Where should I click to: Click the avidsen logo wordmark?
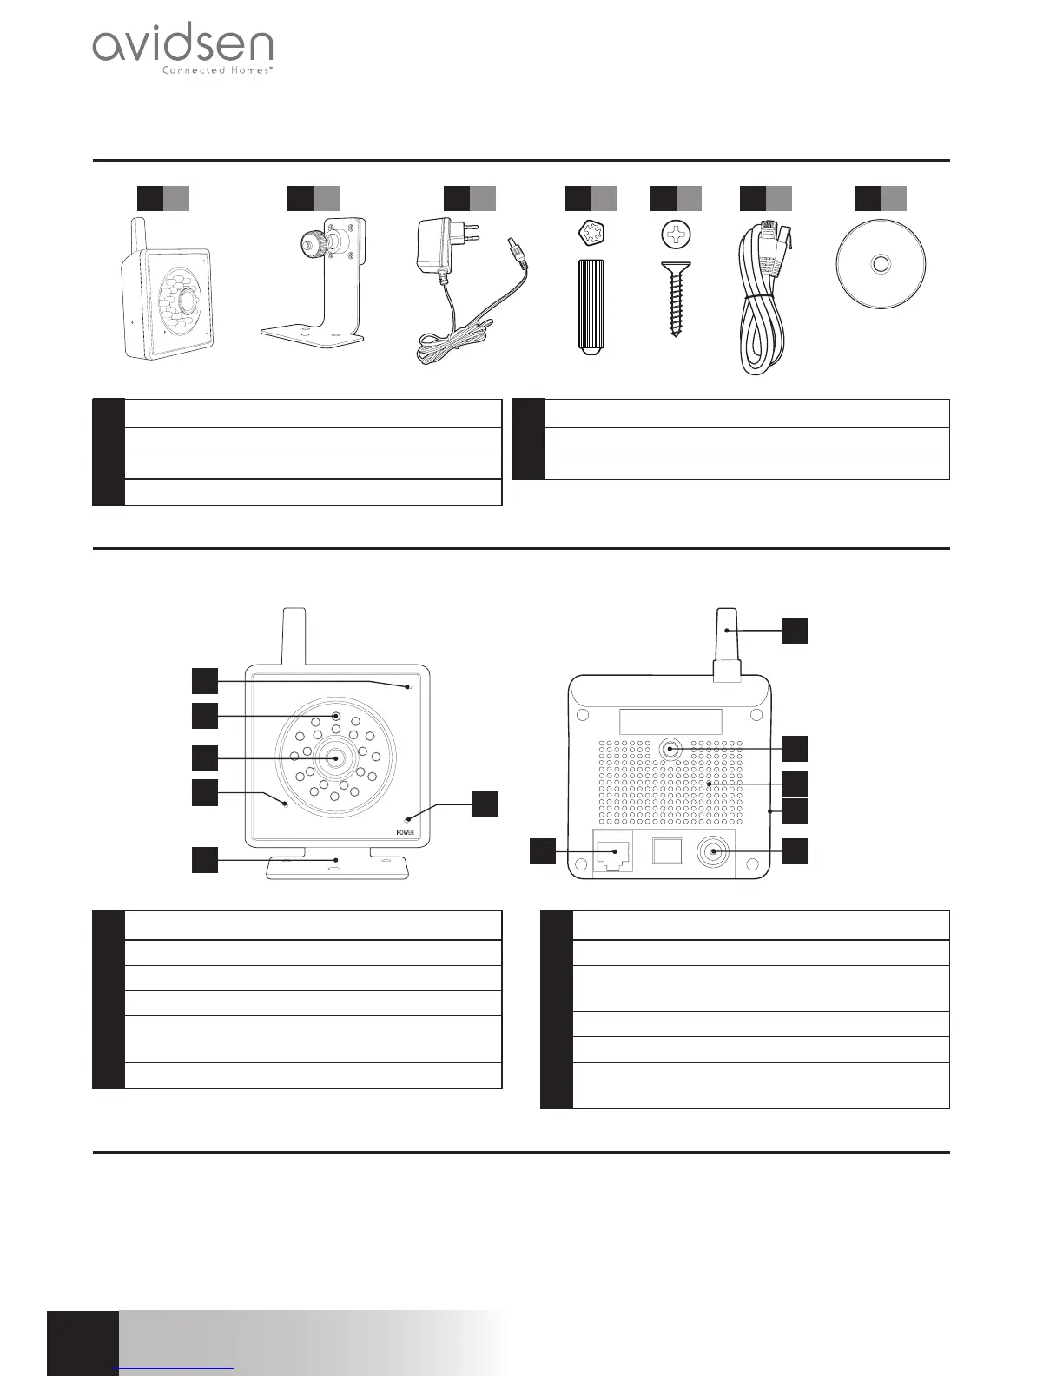point(182,45)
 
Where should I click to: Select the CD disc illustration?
point(881,263)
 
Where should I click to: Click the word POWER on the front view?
point(406,832)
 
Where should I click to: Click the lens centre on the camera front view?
point(335,757)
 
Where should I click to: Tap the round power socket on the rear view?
point(714,851)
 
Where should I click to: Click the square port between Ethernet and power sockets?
point(667,850)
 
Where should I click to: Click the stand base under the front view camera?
point(337,868)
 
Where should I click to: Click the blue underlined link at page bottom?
point(174,1369)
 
